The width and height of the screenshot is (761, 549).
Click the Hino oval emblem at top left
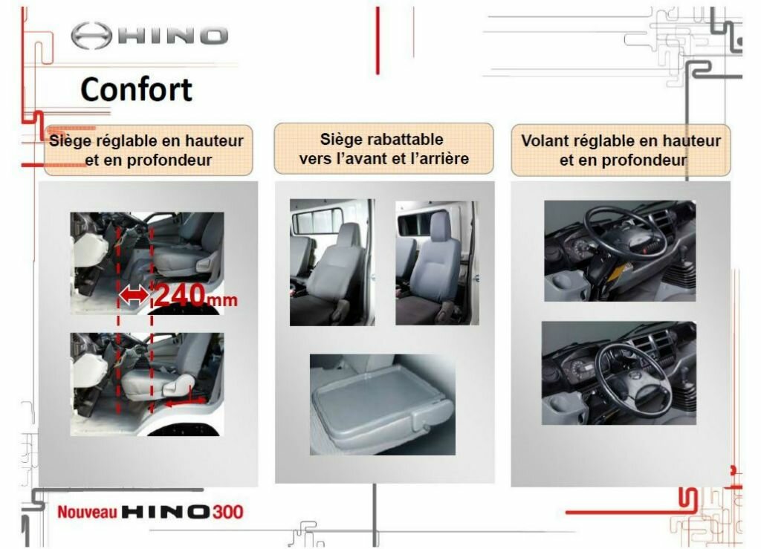click(91, 36)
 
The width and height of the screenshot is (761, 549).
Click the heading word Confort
click(137, 89)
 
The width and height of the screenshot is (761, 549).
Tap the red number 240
click(180, 294)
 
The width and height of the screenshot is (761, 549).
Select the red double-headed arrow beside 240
click(135, 295)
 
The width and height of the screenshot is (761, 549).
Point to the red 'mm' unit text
click(222, 300)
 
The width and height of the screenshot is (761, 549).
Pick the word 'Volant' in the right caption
click(543, 140)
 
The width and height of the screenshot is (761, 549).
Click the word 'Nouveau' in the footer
click(88, 512)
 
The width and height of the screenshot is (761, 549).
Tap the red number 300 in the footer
click(227, 512)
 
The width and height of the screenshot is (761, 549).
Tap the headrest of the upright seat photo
click(439, 226)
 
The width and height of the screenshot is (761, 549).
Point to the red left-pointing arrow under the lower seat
click(187, 402)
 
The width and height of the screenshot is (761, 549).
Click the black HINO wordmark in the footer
click(166, 512)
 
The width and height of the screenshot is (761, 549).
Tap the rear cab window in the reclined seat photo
click(317, 221)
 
